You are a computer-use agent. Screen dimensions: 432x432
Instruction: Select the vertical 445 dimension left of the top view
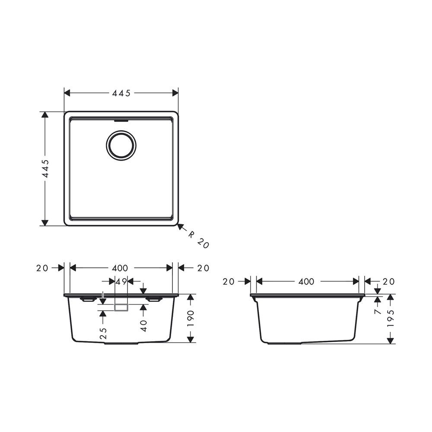(45, 169)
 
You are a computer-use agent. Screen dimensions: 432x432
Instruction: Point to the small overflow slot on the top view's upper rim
(121, 121)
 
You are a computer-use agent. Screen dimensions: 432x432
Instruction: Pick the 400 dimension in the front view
(120, 268)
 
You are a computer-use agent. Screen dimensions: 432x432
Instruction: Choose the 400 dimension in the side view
(306, 282)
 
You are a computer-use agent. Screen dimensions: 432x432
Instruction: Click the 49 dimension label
(121, 282)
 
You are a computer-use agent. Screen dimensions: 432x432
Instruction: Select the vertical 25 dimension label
(103, 333)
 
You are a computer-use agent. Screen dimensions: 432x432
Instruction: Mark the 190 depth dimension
(190, 318)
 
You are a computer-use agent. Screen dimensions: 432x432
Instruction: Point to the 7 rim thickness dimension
(378, 311)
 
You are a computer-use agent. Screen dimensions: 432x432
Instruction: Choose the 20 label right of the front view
(203, 268)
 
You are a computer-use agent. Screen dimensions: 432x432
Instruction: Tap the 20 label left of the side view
(229, 282)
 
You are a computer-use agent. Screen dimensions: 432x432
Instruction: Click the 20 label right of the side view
(389, 282)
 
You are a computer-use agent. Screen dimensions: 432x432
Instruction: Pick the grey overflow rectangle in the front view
(121, 307)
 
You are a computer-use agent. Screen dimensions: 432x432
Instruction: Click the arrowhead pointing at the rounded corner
(181, 226)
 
